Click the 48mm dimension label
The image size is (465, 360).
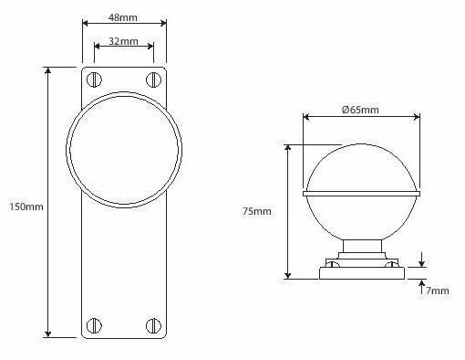123,17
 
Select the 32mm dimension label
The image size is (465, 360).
123,41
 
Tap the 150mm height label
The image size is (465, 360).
26,206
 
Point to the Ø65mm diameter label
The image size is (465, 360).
360,110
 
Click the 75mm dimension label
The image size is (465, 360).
257,211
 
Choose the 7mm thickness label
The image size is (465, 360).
438,291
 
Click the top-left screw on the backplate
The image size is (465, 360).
94,79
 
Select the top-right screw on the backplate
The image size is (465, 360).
153,79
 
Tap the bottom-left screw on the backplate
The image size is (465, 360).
94,325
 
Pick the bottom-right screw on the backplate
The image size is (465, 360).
153,325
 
